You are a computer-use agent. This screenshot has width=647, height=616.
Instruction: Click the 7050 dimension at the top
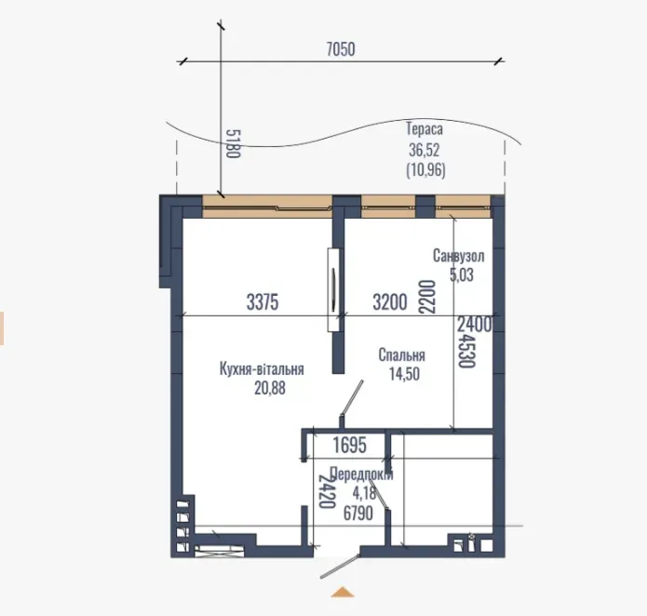pyautogui.click(x=341, y=49)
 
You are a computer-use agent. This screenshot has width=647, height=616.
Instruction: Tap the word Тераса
pyautogui.click(x=424, y=129)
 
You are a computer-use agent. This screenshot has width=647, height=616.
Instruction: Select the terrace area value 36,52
pyautogui.click(x=424, y=150)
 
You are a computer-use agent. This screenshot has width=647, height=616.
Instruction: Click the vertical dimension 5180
pyautogui.click(x=233, y=143)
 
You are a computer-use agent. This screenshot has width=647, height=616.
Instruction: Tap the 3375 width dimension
pyautogui.click(x=263, y=301)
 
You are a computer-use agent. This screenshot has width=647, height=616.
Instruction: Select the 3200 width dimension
pyautogui.click(x=390, y=301)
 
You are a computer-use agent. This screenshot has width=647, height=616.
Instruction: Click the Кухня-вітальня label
pyautogui.click(x=262, y=369)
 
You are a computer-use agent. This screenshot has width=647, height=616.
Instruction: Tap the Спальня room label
pyautogui.click(x=402, y=355)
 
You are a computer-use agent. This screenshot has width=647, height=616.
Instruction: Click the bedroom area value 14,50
pyautogui.click(x=405, y=374)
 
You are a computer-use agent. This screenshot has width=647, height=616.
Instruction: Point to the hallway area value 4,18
pyautogui.click(x=357, y=493)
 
